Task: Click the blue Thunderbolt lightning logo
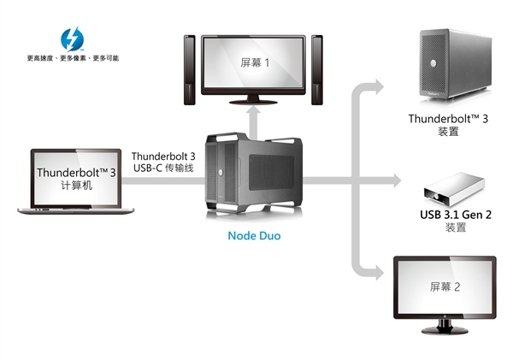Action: click(71, 38)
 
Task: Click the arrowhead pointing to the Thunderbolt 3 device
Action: click(376, 85)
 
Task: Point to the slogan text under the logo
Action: click(73, 58)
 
